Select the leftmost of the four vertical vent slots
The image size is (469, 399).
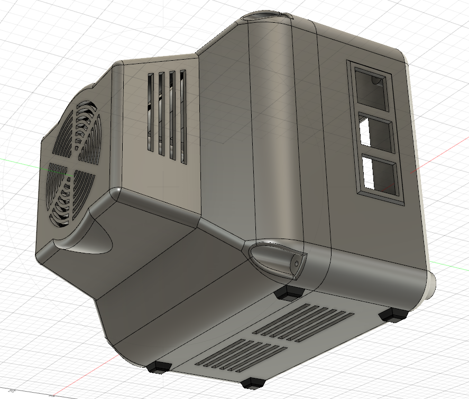pos(150,112)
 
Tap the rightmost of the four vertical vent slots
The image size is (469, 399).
pos(183,116)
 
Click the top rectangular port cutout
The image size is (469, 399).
pos(373,87)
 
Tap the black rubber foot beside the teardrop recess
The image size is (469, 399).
pos(289,293)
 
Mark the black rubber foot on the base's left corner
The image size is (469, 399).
pos(159,366)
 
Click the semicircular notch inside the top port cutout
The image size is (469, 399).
pos(377,80)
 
